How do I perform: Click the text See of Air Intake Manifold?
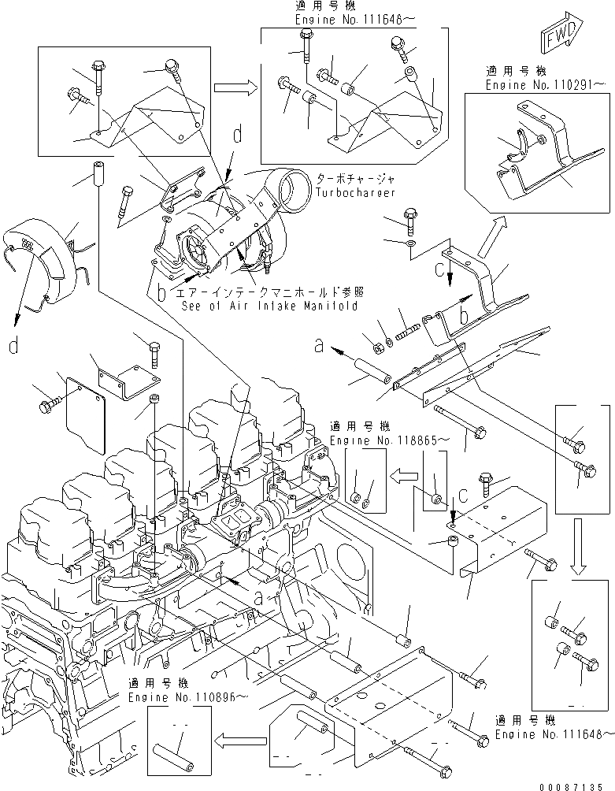click(268, 306)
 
